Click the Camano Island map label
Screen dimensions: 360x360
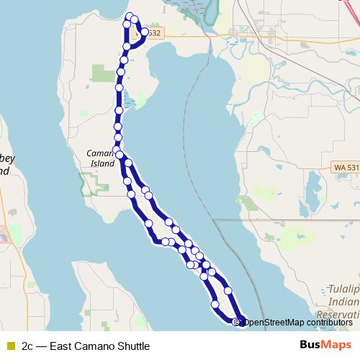point(101,158)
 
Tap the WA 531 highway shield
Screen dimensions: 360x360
point(346,167)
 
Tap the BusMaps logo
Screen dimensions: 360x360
point(325,345)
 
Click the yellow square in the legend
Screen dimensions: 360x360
point(9,346)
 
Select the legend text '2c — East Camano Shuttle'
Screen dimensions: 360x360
point(85,346)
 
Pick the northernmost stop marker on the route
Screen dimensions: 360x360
point(130,17)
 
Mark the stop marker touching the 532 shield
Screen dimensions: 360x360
point(145,32)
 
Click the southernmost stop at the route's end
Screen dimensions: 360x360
point(238,321)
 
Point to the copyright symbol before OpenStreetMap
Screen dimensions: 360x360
point(236,322)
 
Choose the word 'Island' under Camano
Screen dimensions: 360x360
point(102,163)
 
